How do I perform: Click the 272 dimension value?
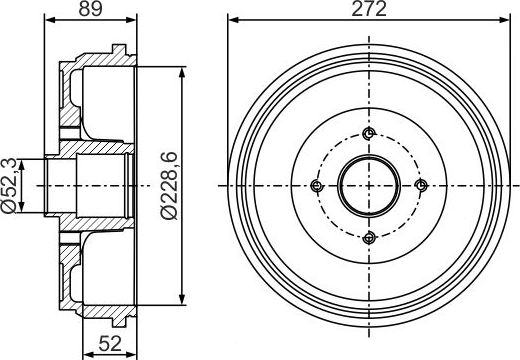[369, 10]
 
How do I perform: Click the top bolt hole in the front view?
[369, 135]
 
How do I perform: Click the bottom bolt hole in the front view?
[369, 236]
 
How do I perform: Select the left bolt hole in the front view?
[318, 186]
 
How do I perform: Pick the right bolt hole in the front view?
[420, 185]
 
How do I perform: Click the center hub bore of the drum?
[369, 186]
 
